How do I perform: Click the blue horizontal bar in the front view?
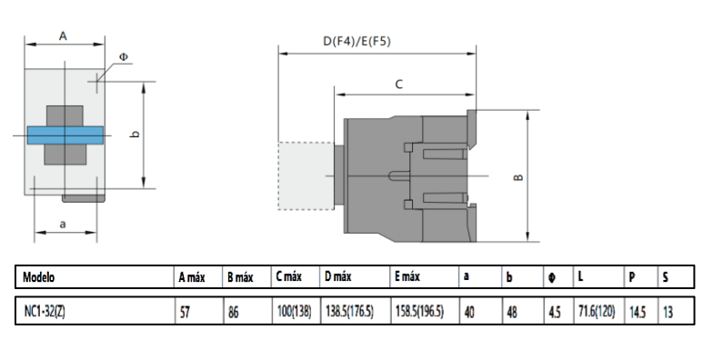(65, 134)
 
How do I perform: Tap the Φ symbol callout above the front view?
(124, 56)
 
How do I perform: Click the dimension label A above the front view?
(63, 35)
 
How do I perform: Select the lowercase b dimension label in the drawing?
(134, 135)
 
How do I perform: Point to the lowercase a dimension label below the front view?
(63, 223)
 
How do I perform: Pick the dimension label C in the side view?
(398, 83)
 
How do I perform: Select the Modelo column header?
(45, 276)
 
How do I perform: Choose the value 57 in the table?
(186, 311)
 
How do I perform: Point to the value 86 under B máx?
(234, 311)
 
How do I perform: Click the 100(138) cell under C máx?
(294, 311)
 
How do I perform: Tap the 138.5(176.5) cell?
(350, 311)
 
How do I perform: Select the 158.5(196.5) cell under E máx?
(419, 311)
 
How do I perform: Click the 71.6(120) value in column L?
(596, 311)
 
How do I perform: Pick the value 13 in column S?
(669, 311)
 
